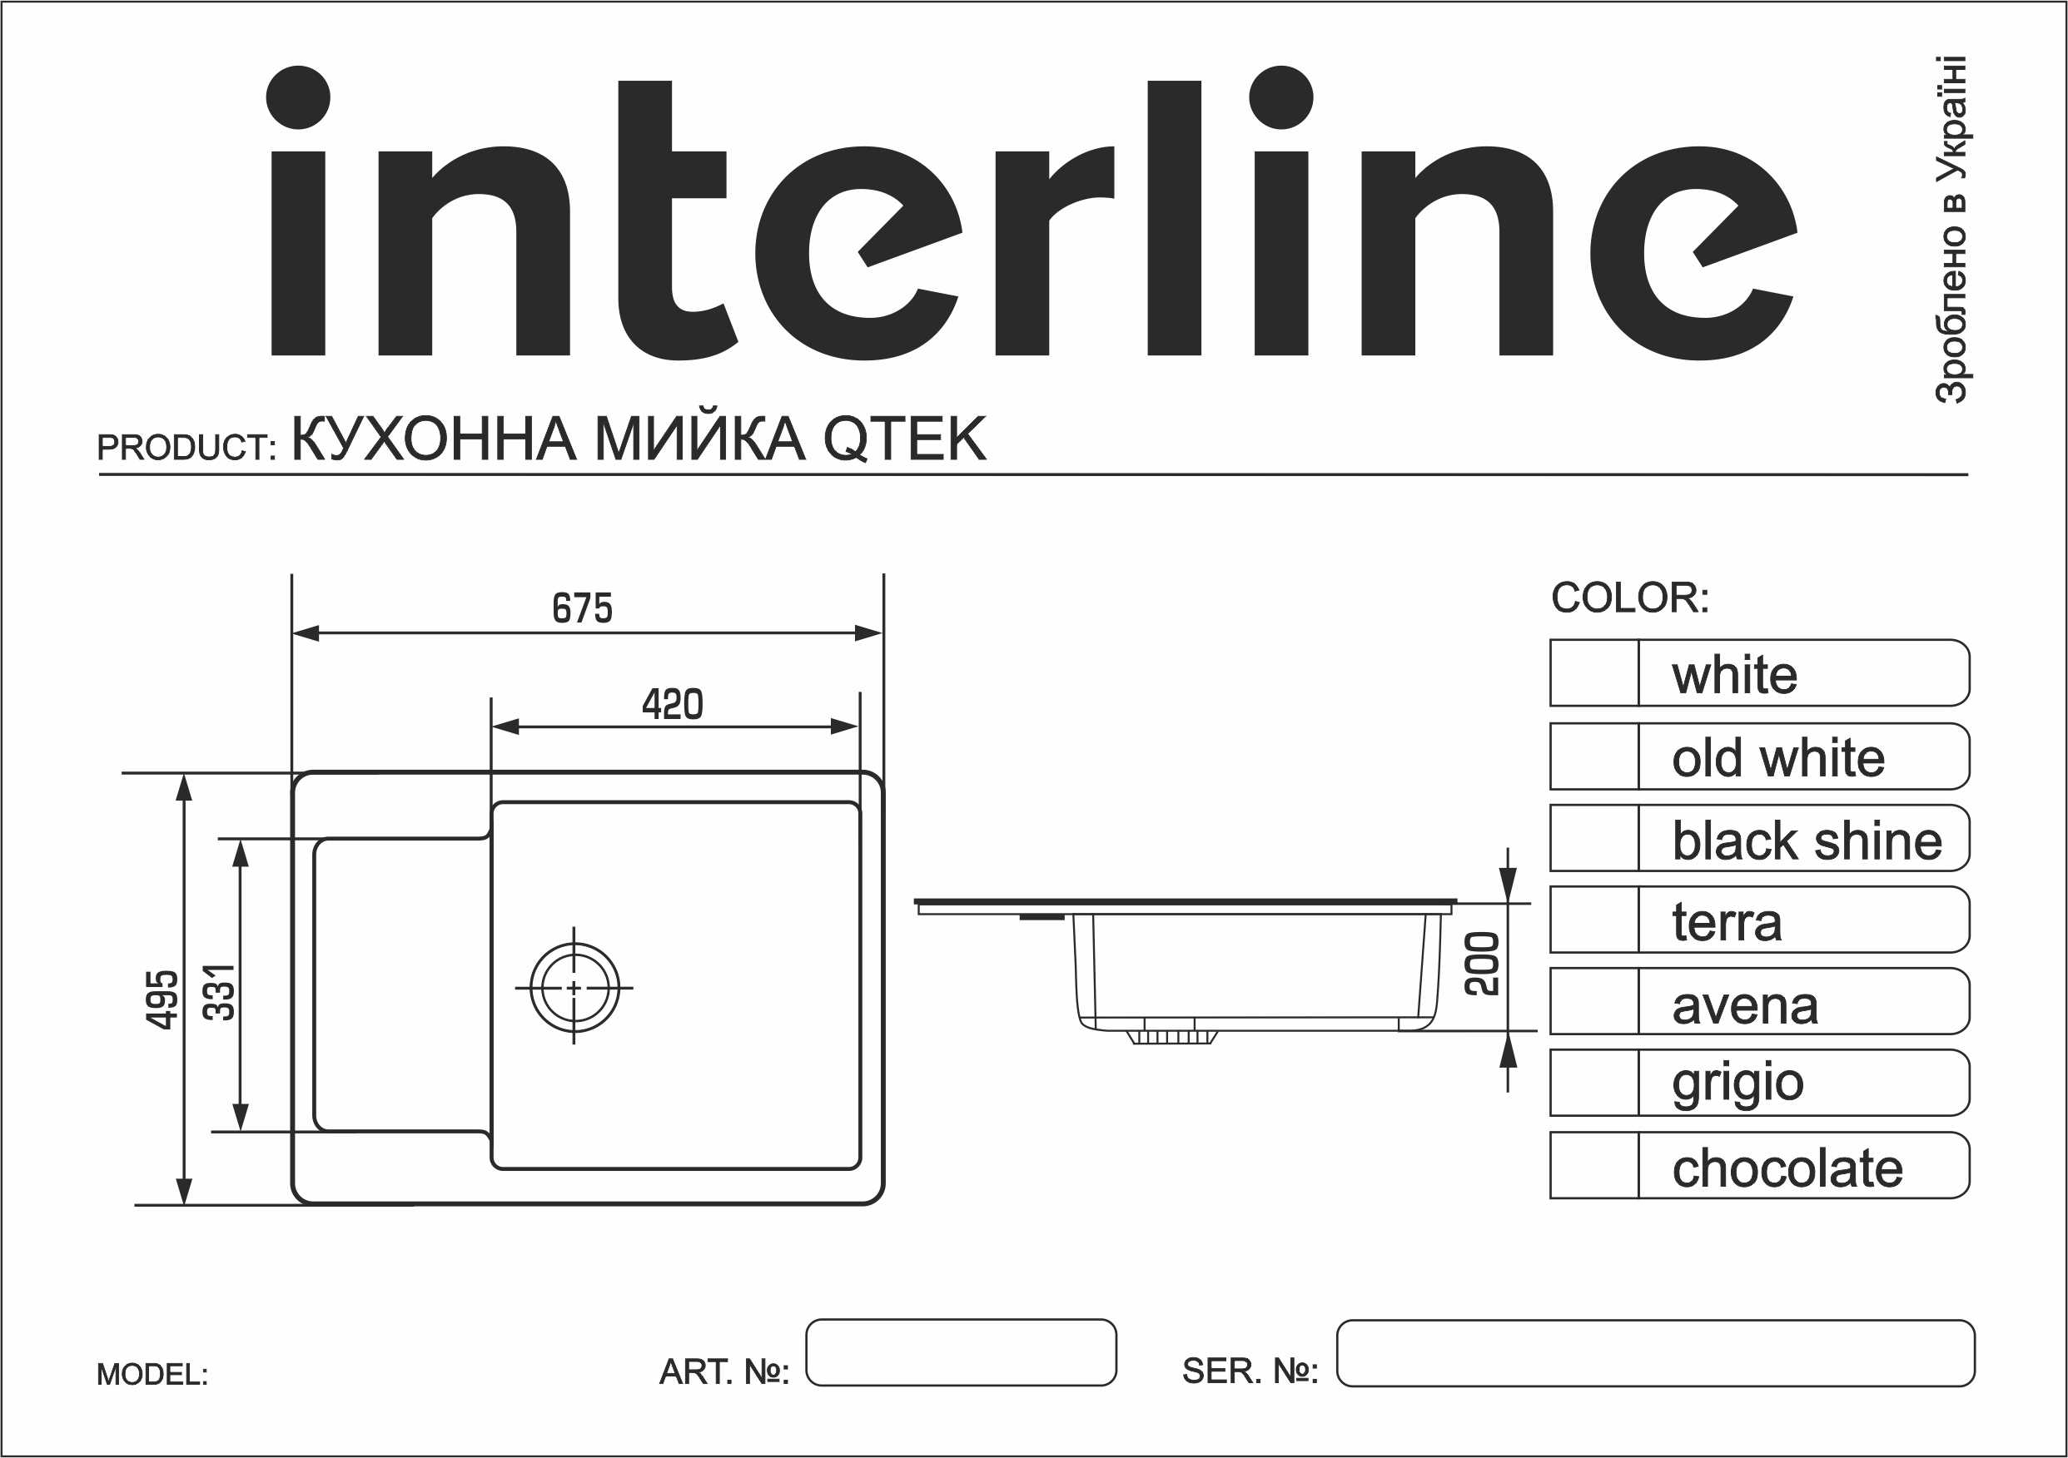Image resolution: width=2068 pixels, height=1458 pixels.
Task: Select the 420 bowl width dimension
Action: coord(672,704)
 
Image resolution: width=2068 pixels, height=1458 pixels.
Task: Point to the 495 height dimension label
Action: coord(162,999)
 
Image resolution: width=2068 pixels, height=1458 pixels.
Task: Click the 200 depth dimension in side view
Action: coord(1482,965)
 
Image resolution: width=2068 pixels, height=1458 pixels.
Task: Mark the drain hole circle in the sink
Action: coord(574,988)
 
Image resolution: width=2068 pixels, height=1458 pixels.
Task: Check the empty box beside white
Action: coord(1593,673)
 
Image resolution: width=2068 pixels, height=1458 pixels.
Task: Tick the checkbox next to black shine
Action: coord(1593,838)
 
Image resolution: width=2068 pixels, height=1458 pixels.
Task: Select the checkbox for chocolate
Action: coord(1593,1165)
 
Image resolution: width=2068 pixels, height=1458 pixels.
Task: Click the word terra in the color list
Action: coord(1727,922)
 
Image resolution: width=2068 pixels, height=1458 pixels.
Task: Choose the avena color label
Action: coord(1745,1005)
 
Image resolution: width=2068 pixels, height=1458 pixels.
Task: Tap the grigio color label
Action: coord(1737,1084)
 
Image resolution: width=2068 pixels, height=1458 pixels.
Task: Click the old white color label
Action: coord(1778,757)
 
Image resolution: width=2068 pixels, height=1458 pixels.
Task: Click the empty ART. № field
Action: coord(960,1351)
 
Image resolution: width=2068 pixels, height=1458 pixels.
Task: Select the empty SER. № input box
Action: coord(1654,1352)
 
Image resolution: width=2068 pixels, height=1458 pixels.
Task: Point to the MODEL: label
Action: coord(152,1374)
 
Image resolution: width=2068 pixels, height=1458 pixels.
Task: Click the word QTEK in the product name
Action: coord(904,439)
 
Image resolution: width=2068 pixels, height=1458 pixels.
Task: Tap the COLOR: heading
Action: coord(1629,598)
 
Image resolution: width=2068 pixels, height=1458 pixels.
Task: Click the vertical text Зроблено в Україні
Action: coord(1951,230)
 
